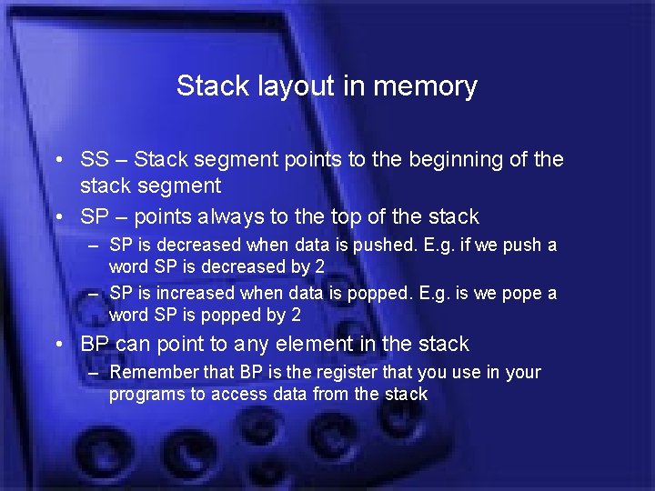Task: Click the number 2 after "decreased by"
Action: click(x=320, y=266)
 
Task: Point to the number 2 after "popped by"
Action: click(x=296, y=316)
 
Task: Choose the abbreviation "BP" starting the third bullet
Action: click(x=95, y=345)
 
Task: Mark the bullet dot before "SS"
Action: click(x=58, y=160)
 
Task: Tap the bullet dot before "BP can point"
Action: click(x=58, y=345)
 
